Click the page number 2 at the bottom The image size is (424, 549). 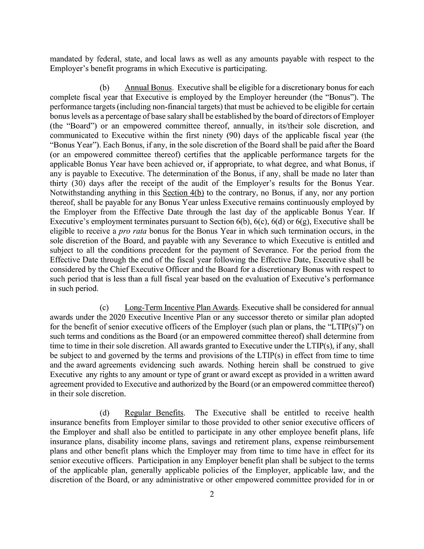pyautogui.click(x=212, y=494)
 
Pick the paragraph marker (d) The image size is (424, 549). pyautogui.click(x=104, y=414)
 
